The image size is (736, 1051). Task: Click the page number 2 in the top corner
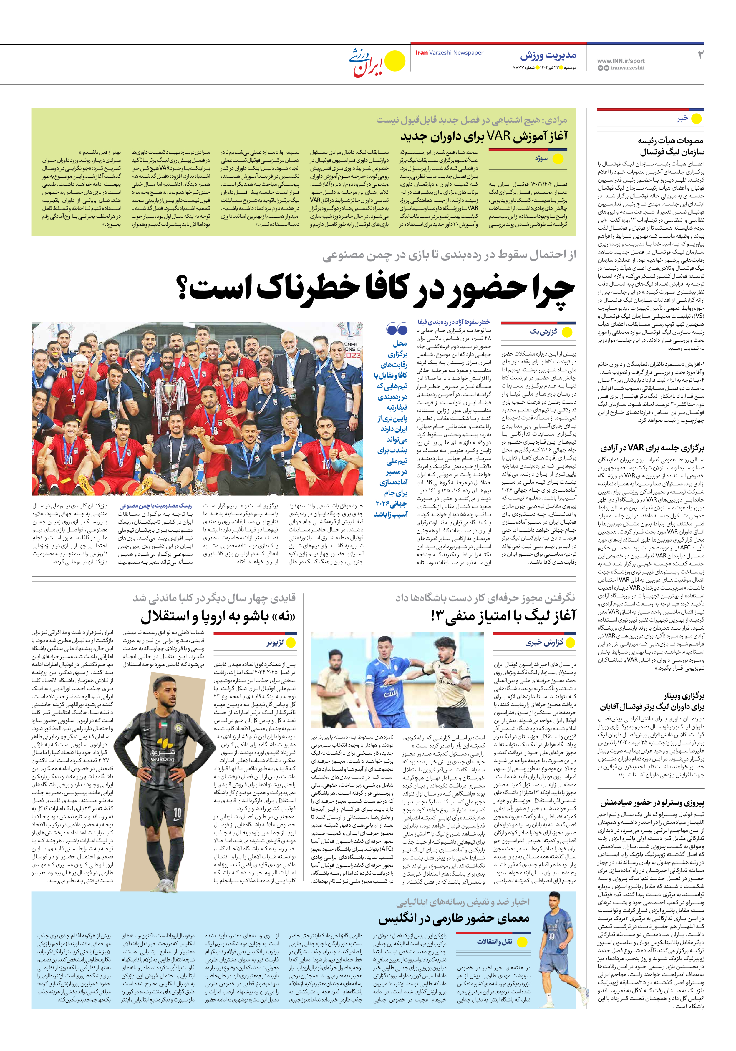pos(700,55)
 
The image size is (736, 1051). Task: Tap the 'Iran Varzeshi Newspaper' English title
pos(449,53)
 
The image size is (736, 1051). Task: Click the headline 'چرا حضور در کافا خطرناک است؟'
pos(376,289)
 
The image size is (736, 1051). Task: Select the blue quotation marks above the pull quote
pos(397,329)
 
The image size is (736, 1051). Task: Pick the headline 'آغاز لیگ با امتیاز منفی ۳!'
pos(503,616)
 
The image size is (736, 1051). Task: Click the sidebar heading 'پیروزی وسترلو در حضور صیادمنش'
pos(652,803)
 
